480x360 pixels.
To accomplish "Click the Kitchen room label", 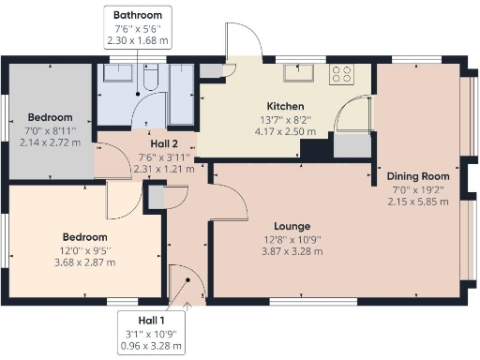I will pyautogui.click(x=284, y=105).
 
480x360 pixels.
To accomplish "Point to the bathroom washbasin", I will pyautogui.click(x=120, y=75).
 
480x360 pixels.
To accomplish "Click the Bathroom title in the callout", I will pyautogui.click(x=137, y=16).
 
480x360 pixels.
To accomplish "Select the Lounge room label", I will pyautogui.click(x=292, y=227).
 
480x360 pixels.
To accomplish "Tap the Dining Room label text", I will pyautogui.click(x=418, y=176).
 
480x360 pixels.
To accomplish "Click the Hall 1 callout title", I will pyautogui.click(x=150, y=321).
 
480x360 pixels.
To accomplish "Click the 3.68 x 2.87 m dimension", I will pyautogui.click(x=89, y=262).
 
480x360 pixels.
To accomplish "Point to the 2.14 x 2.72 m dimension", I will pyautogui.click(x=47, y=142).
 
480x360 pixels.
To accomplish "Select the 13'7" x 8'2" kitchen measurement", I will pyautogui.click(x=284, y=119).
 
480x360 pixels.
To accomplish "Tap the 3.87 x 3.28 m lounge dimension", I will pyautogui.click(x=292, y=253).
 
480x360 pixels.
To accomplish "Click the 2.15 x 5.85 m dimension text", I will pyautogui.click(x=418, y=202).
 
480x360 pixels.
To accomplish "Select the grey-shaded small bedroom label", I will pyautogui.click(x=47, y=117).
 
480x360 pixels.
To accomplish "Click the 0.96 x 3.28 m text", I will pyautogui.click(x=150, y=347).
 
